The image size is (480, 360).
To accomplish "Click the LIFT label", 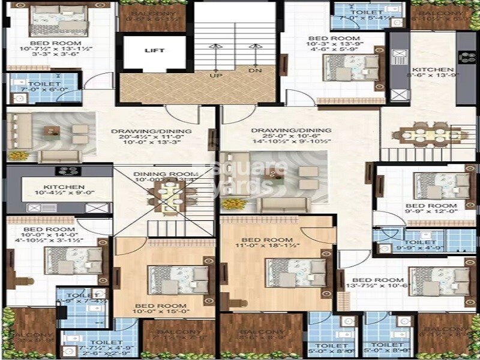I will pos(154,51).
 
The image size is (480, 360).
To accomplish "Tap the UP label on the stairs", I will pos(212,76).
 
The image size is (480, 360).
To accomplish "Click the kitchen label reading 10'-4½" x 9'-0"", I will pos(60,191).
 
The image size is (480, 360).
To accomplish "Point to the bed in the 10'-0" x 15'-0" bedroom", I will pos(178,279).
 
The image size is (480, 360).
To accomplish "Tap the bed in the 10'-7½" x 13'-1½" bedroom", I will pos(60,21).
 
